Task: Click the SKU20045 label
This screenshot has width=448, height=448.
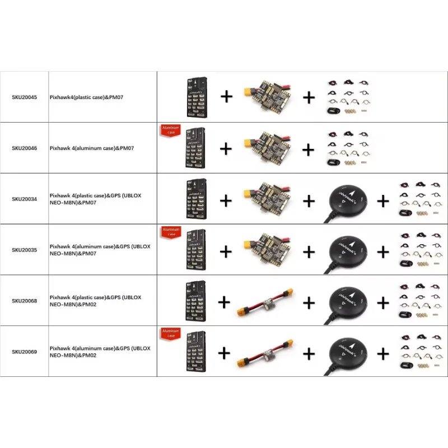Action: point(24,97)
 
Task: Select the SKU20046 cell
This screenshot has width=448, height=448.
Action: point(24,148)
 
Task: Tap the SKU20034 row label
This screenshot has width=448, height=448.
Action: point(24,199)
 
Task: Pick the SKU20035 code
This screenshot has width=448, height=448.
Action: point(24,250)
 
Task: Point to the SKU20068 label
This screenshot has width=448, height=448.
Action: point(24,301)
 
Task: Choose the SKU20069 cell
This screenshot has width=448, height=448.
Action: point(24,352)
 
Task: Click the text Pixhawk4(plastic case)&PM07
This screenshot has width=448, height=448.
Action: point(86,97)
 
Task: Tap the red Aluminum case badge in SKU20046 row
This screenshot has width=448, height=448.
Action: point(170,130)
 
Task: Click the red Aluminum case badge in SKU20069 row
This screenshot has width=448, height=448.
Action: point(170,334)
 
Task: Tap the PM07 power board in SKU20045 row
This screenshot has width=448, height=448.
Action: point(267,96)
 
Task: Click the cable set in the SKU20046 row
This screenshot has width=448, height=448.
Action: point(347,148)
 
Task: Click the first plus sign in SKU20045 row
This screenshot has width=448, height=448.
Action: point(226,96)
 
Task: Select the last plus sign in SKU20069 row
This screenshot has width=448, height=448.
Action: point(383,353)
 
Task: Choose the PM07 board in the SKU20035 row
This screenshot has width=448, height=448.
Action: point(267,249)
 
